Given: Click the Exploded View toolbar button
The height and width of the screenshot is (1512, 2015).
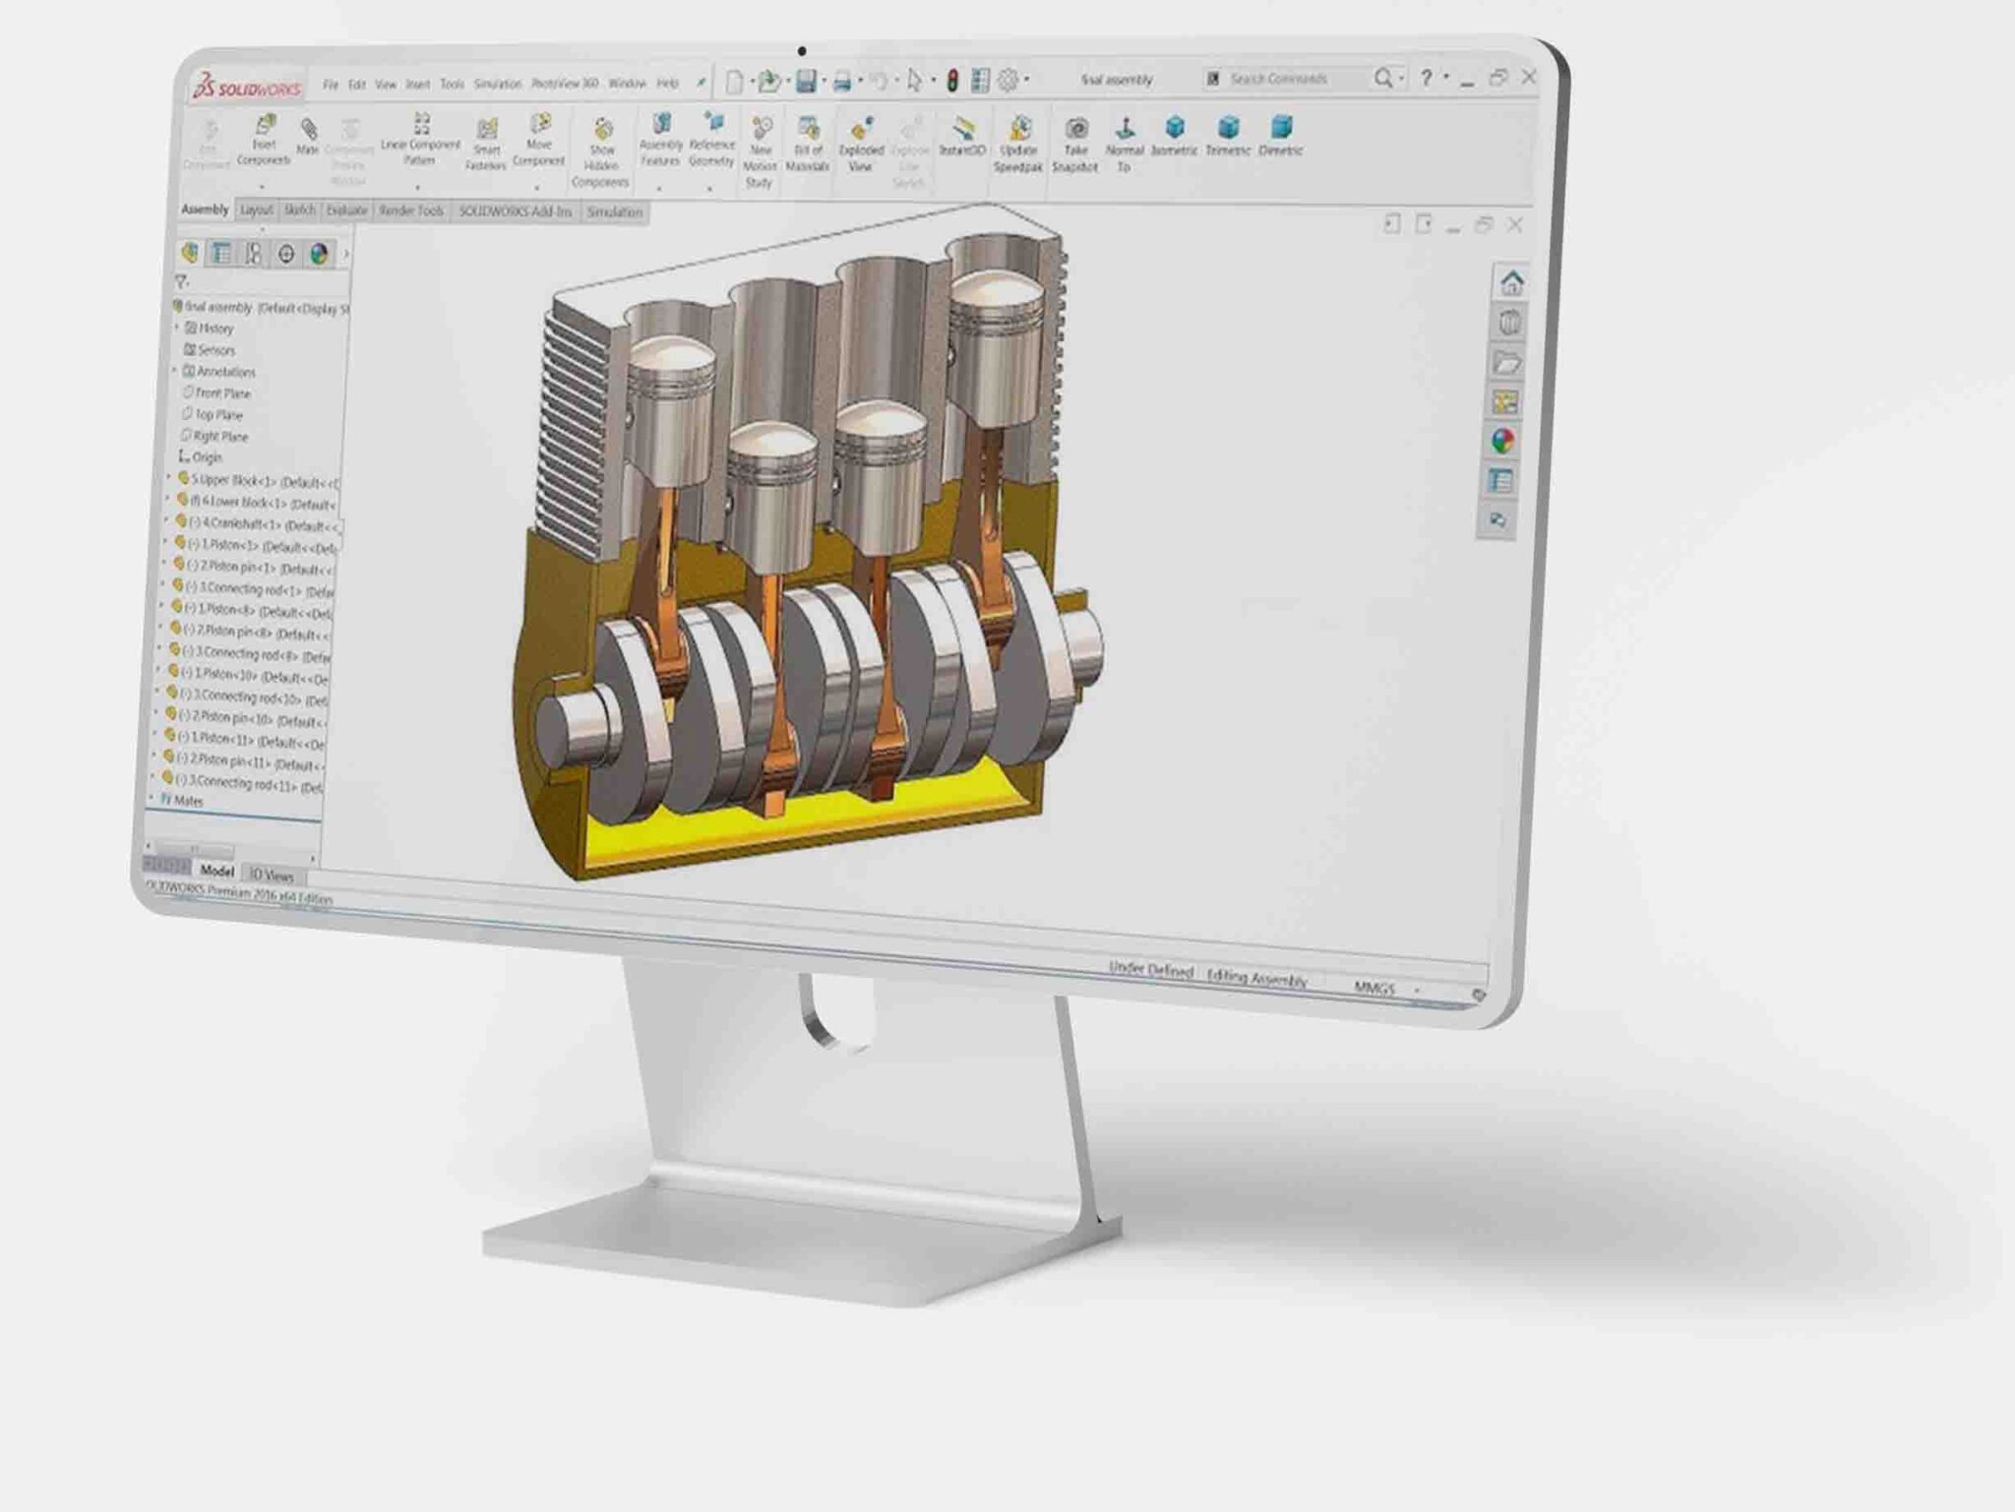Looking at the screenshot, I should coord(861,143).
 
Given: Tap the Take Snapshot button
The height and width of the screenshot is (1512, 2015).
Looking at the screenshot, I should coord(1075,143).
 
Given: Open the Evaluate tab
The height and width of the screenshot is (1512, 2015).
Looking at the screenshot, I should coord(346,211).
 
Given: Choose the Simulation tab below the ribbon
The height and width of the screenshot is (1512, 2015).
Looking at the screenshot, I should coord(614,212).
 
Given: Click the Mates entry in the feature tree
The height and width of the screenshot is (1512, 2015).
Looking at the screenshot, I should coord(187,801).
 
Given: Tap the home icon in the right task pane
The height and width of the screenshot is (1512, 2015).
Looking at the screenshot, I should coord(1511,283).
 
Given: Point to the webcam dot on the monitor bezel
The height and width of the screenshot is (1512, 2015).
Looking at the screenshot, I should coord(802,51).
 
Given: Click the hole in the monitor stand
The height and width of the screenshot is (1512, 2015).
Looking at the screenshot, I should coord(836,1013).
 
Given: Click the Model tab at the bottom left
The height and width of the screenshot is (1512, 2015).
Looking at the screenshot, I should coord(216,871).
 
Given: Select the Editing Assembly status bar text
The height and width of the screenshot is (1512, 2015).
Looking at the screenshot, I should coord(1256,978).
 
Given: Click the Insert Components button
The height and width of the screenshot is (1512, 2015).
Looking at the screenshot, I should coord(264,141).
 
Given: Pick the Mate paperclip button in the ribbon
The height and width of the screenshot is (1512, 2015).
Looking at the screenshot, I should coord(308,135).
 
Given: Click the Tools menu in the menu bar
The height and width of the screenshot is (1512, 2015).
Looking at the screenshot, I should coord(452,85).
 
